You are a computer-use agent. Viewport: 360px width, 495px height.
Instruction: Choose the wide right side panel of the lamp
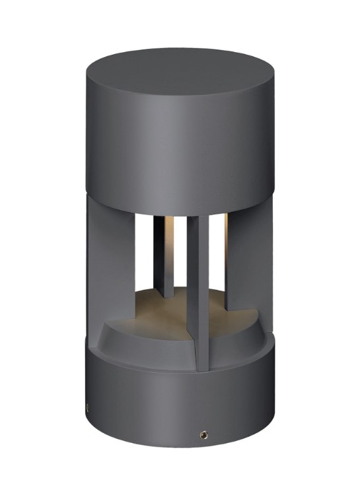254,264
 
